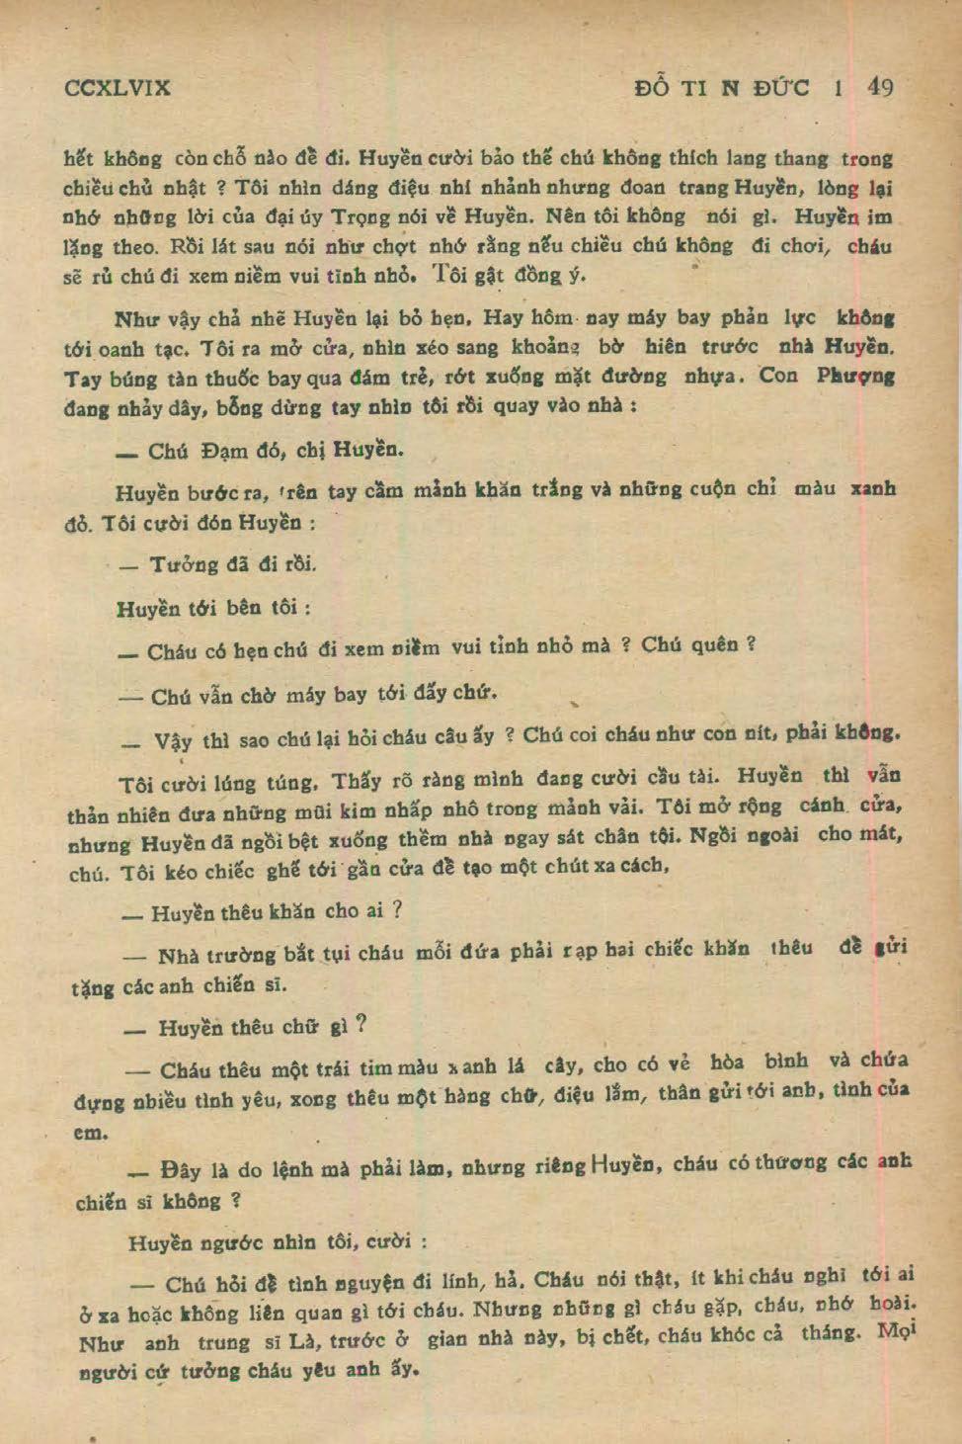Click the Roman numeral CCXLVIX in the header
point(117,88)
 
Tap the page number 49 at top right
point(880,87)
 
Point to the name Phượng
point(856,376)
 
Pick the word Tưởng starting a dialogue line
point(183,564)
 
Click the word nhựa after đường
point(713,377)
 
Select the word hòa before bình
point(727,1062)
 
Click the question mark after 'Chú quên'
point(751,644)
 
